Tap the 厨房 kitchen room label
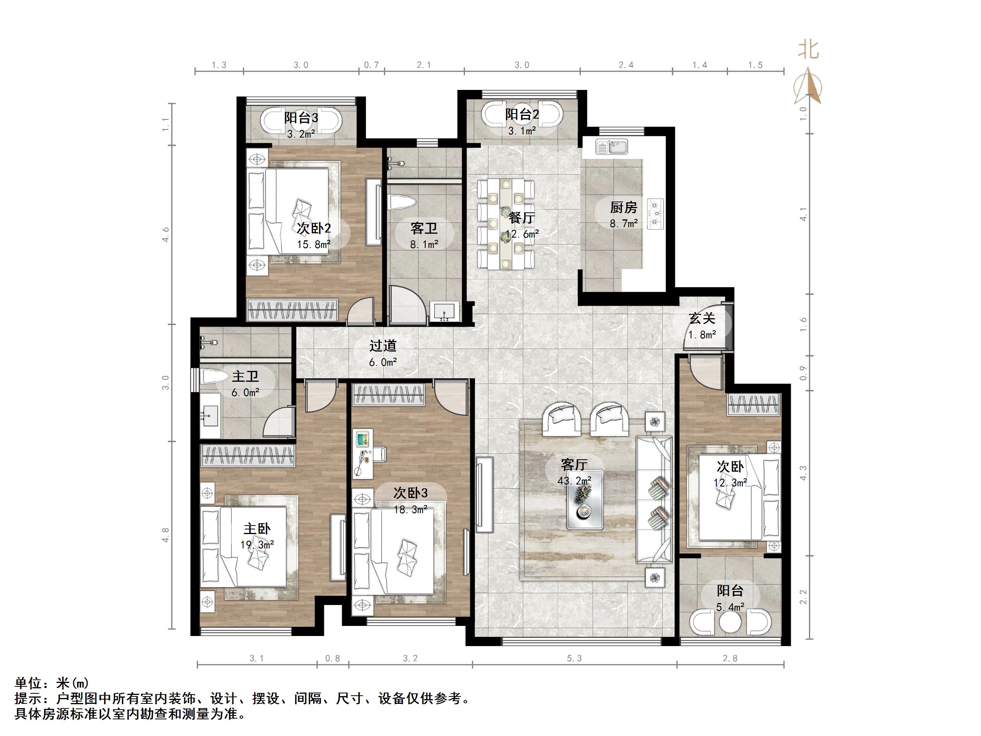(x=623, y=207)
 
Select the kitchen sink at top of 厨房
(x=611, y=147)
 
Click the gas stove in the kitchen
(x=655, y=214)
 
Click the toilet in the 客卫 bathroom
(x=402, y=203)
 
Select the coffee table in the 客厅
(x=585, y=500)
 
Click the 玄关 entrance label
(x=702, y=318)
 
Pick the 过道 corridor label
(x=383, y=346)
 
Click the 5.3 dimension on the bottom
(x=574, y=658)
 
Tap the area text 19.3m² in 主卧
(x=257, y=545)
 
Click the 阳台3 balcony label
(x=301, y=117)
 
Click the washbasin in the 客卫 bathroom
(x=444, y=312)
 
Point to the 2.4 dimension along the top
(x=626, y=65)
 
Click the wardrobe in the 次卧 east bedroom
(x=754, y=405)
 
